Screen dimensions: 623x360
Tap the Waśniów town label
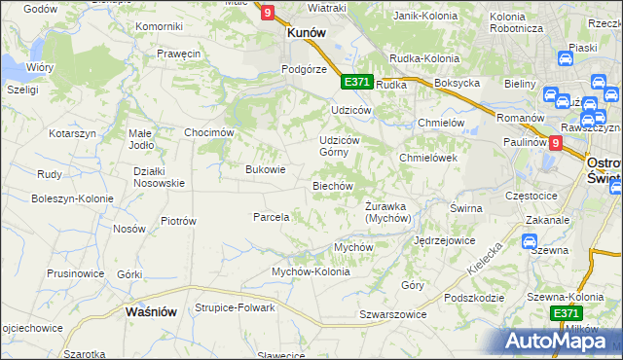click(150, 312)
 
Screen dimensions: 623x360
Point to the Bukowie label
click(265, 168)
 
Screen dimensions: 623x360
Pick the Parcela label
click(272, 217)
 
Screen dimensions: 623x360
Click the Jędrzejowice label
click(444, 239)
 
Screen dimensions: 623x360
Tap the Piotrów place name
click(178, 221)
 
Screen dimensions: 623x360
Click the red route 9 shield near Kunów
click(268, 12)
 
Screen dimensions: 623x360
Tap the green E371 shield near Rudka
click(356, 83)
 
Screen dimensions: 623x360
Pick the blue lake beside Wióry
click(12, 68)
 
